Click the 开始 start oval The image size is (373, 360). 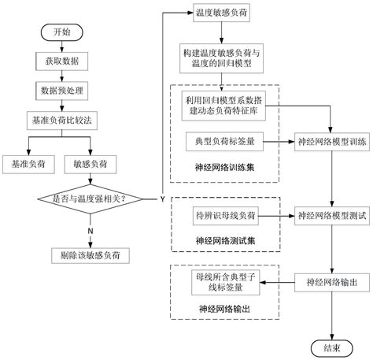click(x=61, y=34)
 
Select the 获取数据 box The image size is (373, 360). click(x=61, y=61)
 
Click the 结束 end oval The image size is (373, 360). click(x=331, y=345)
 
